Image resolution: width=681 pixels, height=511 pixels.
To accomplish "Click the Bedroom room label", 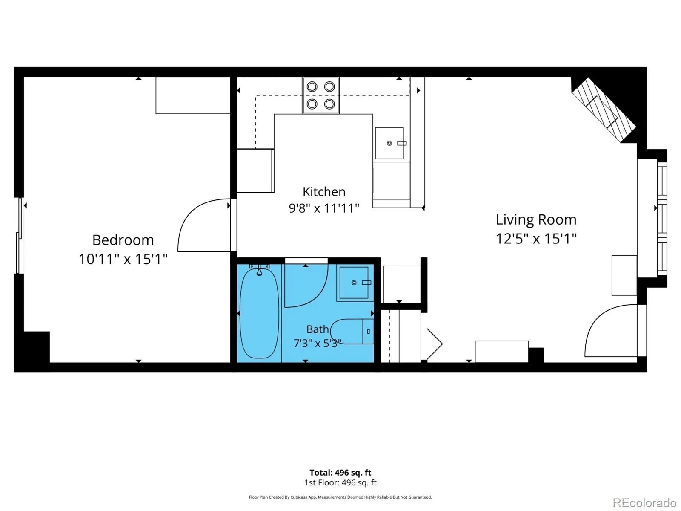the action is [x=123, y=240].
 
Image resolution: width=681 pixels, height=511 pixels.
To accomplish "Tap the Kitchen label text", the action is [x=324, y=192].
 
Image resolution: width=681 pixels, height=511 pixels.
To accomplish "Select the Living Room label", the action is [x=536, y=219].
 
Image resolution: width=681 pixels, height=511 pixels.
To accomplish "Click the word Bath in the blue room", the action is [x=318, y=329].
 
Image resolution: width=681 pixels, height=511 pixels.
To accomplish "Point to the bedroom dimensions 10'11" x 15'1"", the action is [x=123, y=259].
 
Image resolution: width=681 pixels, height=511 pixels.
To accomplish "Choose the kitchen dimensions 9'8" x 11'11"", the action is [x=324, y=208].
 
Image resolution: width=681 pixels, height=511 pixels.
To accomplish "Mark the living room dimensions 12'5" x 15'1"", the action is [x=536, y=239].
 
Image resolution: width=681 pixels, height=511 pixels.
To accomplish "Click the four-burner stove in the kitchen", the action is [x=321, y=95].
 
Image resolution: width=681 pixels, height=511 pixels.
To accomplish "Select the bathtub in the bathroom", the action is [x=259, y=313].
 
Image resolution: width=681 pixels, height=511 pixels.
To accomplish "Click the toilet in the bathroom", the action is [x=352, y=331].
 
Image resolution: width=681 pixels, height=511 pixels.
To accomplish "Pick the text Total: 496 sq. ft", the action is [x=340, y=473].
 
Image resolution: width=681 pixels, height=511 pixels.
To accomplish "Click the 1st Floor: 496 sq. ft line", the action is [x=340, y=482].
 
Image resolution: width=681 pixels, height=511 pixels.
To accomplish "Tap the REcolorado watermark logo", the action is [x=645, y=502].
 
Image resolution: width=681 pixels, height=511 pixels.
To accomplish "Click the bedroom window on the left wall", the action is [x=19, y=235].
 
